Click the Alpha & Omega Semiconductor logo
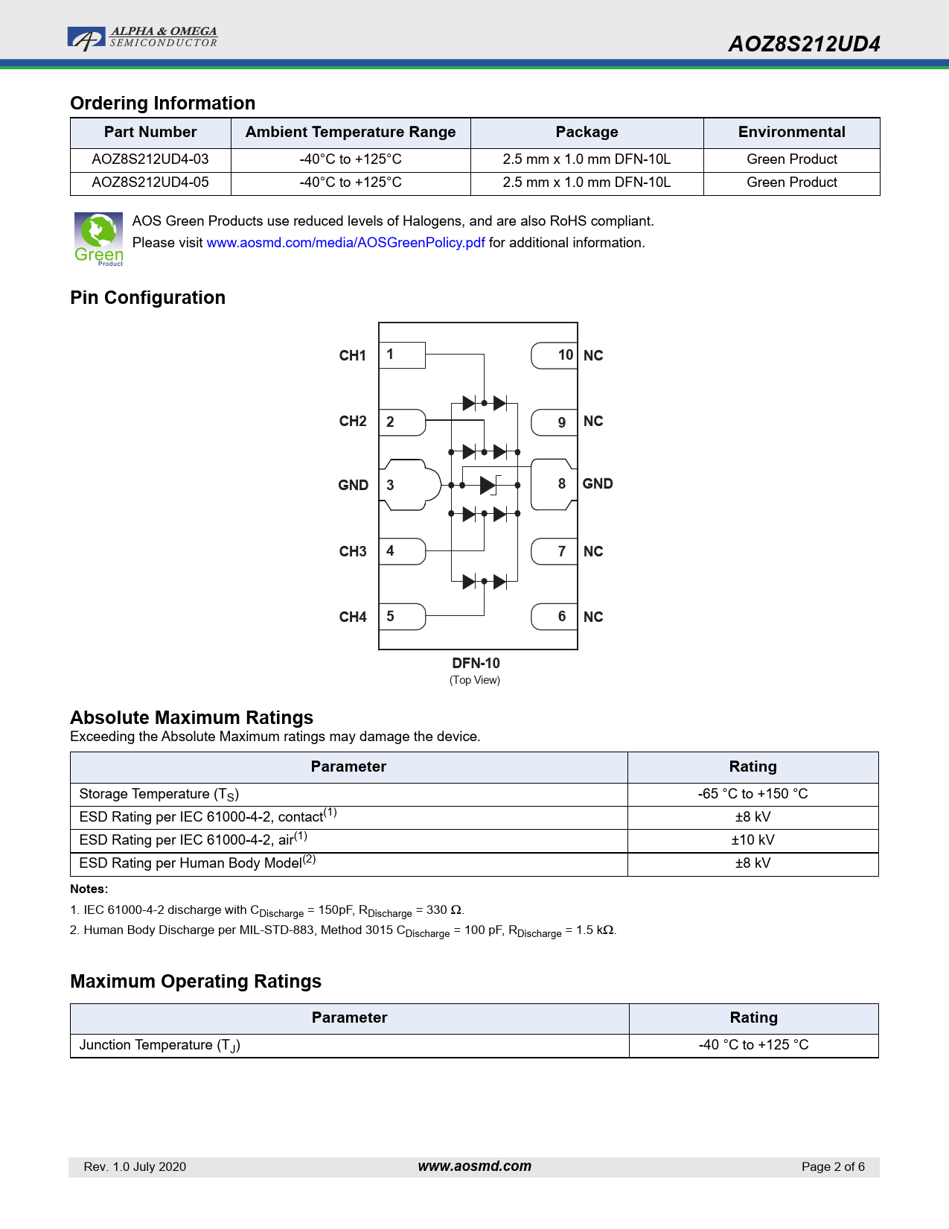142,37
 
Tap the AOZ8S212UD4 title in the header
804,44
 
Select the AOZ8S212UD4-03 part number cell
150,159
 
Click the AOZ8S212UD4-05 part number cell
150,182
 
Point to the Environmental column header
791,133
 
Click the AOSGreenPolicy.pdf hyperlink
345,243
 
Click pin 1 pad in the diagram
402,355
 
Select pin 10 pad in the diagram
555,355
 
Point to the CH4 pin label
353,617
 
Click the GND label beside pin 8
598,484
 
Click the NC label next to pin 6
593,617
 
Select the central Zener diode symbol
489,486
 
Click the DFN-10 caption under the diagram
476,664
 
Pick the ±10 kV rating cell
753,840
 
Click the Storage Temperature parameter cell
348,794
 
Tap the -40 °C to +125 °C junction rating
753,1045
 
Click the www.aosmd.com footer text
474,1166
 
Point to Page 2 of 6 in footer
833,1167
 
